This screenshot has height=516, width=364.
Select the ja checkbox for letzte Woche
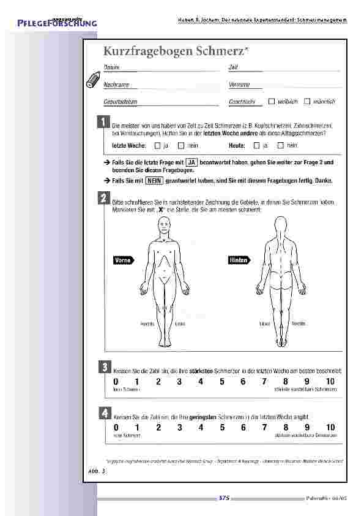(157, 145)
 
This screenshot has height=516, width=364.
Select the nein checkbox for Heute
(281, 145)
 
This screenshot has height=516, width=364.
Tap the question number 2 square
(104, 198)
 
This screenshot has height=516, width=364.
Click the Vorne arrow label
(125, 260)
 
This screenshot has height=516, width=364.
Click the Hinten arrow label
(239, 260)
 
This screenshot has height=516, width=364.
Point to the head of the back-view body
(280, 227)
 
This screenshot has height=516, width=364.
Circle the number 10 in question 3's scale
(330, 382)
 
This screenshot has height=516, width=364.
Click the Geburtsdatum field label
(119, 101)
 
